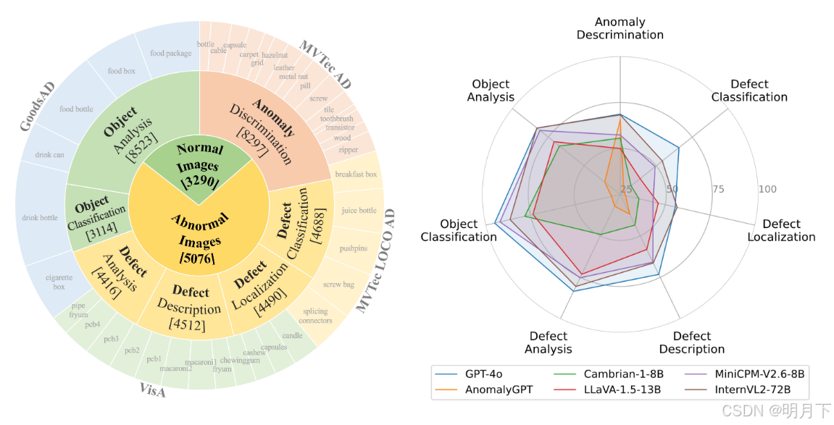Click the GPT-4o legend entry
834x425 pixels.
[x=483, y=374]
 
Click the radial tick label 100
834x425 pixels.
[x=767, y=190]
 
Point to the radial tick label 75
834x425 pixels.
[x=718, y=190]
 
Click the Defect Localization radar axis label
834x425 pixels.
[x=781, y=230]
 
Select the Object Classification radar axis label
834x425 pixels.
[x=459, y=230]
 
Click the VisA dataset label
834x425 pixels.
[x=152, y=391]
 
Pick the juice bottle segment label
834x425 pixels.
[x=359, y=211]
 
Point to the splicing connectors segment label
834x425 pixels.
[x=315, y=316]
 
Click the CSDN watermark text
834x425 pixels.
[x=789, y=411]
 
